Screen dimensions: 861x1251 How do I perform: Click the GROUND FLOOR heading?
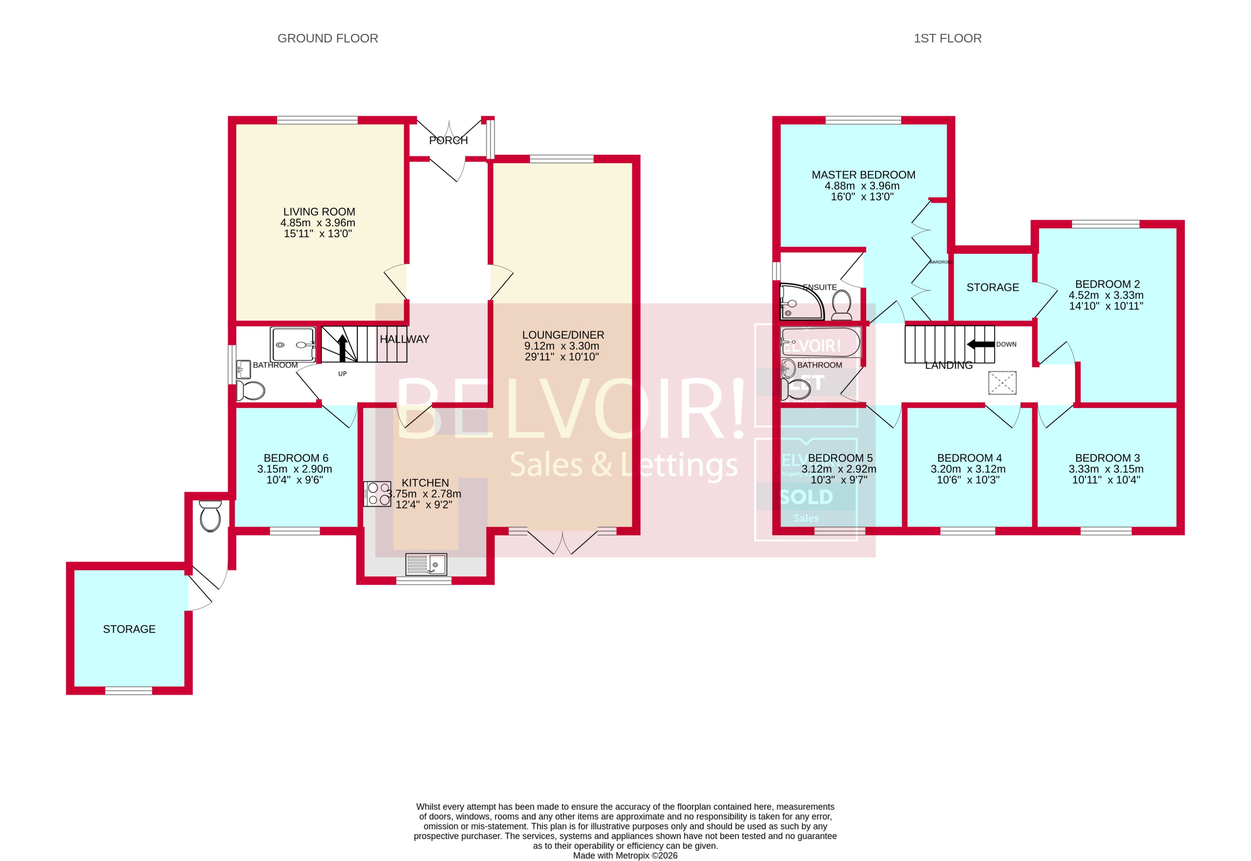[x=327, y=38]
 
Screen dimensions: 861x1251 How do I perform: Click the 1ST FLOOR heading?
[x=947, y=38]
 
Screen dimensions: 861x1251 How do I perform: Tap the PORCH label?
[x=448, y=140]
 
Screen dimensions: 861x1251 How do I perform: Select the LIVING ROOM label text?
[x=319, y=212]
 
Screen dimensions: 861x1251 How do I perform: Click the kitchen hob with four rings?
[x=377, y=494]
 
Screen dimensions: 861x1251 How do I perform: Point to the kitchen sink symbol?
[x=426, y=564]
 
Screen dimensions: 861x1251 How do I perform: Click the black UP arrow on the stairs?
[x=342, y=348]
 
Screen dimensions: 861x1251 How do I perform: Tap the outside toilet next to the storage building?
[x=211, y=516]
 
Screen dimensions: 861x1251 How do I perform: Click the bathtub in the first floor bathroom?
[x=820, y=342]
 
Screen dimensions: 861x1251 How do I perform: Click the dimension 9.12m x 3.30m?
[x=562, y=346]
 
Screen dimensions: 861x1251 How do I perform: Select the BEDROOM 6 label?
[x=296, y=458]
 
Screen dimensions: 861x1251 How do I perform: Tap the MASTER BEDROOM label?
[x=863, y=175]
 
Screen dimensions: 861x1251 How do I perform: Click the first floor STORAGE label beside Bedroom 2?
[x=993, y=288]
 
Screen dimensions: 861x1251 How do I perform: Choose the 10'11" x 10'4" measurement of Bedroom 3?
[x=1106, y=480]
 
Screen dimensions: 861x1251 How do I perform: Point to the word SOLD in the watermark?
[x=806, y=497]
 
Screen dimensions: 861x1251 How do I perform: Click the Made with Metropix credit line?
[x=625, y=855]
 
